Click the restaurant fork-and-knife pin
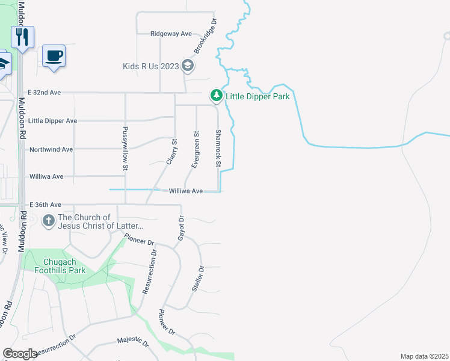(22, 37)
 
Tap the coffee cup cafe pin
(54, 57)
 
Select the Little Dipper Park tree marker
(216, 96)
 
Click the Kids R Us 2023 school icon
(188, 66)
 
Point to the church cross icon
(48, 221)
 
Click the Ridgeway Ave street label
(171, 34)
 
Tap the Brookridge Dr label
(205, 37)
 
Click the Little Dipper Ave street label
(52, 121)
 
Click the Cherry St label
(171, 152)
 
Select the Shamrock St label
(218, 149)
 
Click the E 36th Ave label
(45, 205)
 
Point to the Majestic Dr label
(133, 342)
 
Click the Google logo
(20, 354)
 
